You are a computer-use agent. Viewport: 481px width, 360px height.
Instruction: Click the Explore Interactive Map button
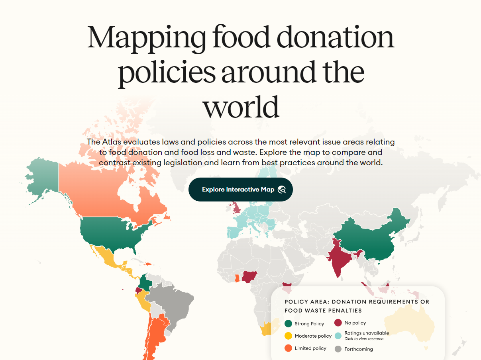point(238,190)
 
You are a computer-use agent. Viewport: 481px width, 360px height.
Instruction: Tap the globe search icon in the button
point(282,190)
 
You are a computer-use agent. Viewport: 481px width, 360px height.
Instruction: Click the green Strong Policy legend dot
point(288,323)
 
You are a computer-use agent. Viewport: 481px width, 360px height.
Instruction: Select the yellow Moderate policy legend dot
point(288,336)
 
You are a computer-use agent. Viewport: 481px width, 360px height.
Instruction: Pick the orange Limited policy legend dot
point(288,348)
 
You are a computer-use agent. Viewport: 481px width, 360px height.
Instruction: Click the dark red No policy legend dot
point(338,323)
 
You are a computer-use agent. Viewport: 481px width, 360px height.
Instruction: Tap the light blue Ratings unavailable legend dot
point(338,335)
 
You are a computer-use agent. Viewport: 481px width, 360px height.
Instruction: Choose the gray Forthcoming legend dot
point(338,349)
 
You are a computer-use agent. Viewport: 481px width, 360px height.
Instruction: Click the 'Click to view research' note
point(364,339)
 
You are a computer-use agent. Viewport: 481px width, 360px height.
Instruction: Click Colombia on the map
point(147,283)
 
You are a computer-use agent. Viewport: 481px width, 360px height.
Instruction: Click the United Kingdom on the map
point(236,208)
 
